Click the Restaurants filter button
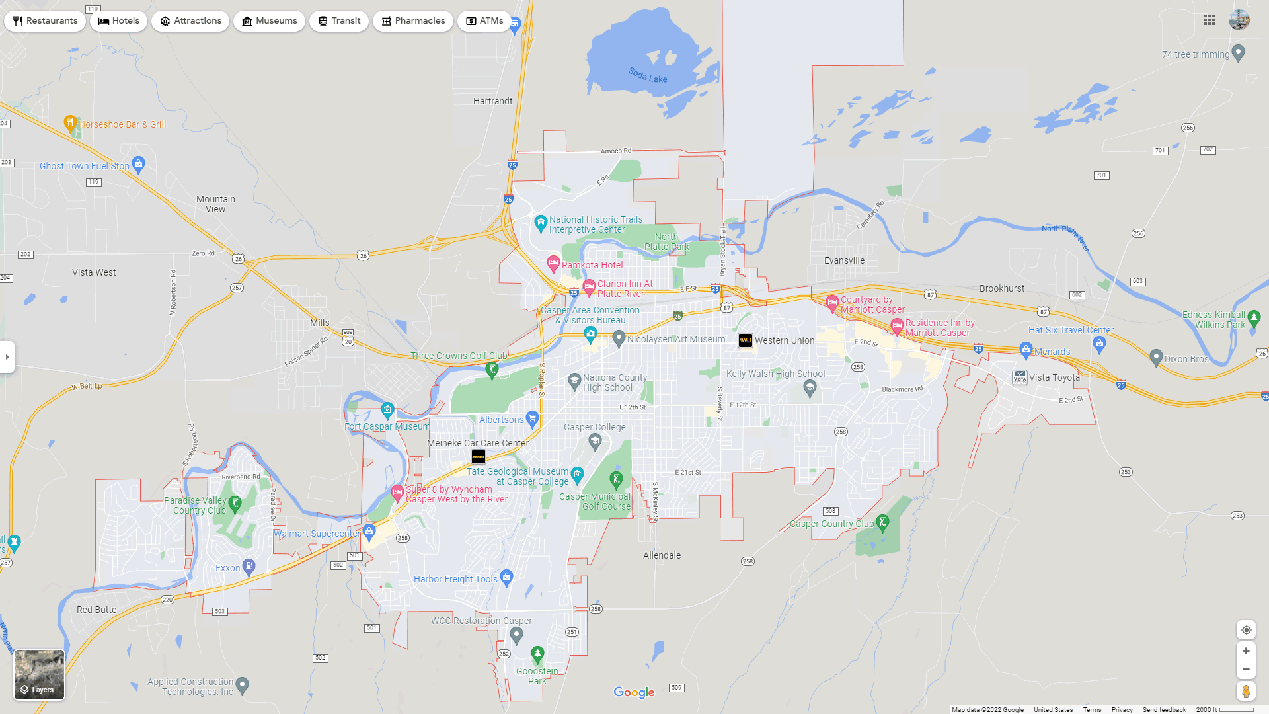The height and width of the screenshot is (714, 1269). tap(45, 21)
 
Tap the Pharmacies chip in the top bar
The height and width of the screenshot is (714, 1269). tap(412, 21)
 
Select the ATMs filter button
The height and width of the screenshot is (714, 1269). tap(484, 21)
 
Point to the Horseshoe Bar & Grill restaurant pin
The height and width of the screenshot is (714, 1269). tap(70, 123)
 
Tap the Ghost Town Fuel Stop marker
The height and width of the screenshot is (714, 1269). tap(138, 163)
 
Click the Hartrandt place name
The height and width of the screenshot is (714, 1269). tap(492, 101)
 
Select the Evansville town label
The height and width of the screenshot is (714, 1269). tap(844, 260)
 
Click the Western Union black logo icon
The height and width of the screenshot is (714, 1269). tap(746, 340)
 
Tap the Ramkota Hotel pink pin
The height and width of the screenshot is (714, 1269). tap(553, 264)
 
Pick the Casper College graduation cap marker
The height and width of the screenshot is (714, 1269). tap(595, 442)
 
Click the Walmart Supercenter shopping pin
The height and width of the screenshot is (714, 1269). tap(369, 531)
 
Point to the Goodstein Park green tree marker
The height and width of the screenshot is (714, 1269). tap(537, 654)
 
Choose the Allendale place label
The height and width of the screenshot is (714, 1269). tap(662, 555)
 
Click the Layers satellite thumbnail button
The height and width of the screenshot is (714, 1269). tap(40, 674)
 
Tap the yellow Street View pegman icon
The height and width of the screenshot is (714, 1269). tap(1246, 692)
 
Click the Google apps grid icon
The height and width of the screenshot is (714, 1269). tap(1210, 20)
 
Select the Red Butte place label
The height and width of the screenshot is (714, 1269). tap(96, 610)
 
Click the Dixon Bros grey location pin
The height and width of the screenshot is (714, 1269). tap(1156, 358)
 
